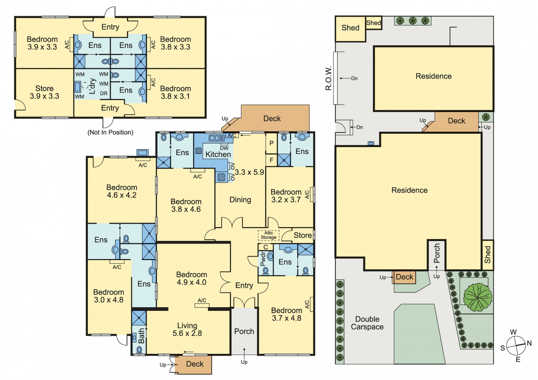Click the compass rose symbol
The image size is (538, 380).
(x=516, y=345)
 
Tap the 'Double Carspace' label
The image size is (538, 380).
(x=367, y=323)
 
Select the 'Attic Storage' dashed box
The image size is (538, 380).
(x=268, y=235)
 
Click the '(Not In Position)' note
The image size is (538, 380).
(x=110, y=132)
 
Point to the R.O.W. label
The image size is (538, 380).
(x=328, y=78)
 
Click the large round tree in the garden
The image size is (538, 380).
(x=478, y=297)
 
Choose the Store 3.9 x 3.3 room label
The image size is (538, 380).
(x=45, y=92)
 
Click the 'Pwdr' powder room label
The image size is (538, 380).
(x=263, y=258)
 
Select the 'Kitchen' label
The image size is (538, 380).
(x=218, y=154)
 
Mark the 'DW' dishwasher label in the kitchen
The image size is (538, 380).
(x=224, y=148)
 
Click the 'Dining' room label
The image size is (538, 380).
(x=240, y=200)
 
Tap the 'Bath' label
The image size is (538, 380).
(x=142, y=336)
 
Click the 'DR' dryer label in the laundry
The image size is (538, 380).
(x=104, y=93)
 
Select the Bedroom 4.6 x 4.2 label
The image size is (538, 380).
(x=122, y=191)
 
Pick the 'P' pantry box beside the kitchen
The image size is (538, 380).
(x=271, y=143)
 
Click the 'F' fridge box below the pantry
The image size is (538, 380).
(x=271, y=160)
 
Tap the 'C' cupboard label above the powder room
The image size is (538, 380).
(x=266, y=247)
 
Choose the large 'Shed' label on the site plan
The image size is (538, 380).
(x=350, y=28)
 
